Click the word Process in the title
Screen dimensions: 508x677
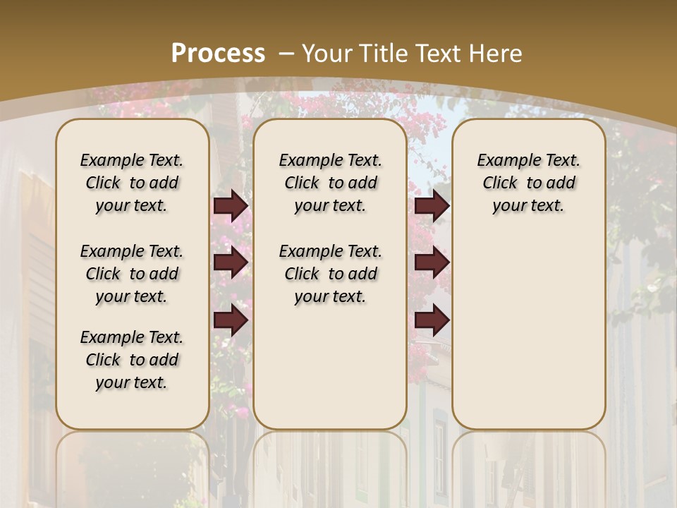(x=218, y=54)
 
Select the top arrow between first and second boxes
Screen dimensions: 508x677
(x=231, y=206)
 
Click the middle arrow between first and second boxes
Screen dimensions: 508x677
(x=231, y=262)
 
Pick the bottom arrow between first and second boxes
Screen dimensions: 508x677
(x=231, y=320)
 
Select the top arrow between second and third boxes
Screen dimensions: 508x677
(x=432, y=206)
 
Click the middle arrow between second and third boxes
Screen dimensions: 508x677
(x=432, y=262)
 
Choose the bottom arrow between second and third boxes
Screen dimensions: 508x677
(x=432, y=320)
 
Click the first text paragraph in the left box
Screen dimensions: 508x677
(x=132, y=183)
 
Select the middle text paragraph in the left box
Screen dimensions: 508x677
(x=132, y=274)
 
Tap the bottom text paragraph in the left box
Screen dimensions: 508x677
(x=132, y=360)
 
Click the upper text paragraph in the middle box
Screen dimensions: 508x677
(x=330, y=183)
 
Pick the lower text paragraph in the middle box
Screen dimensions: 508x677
(x=330, y=274)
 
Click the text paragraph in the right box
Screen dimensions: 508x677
(x=528, y=183)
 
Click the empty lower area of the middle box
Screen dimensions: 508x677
(x=330, y=367)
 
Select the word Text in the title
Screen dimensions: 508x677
(x=438, y=54)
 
